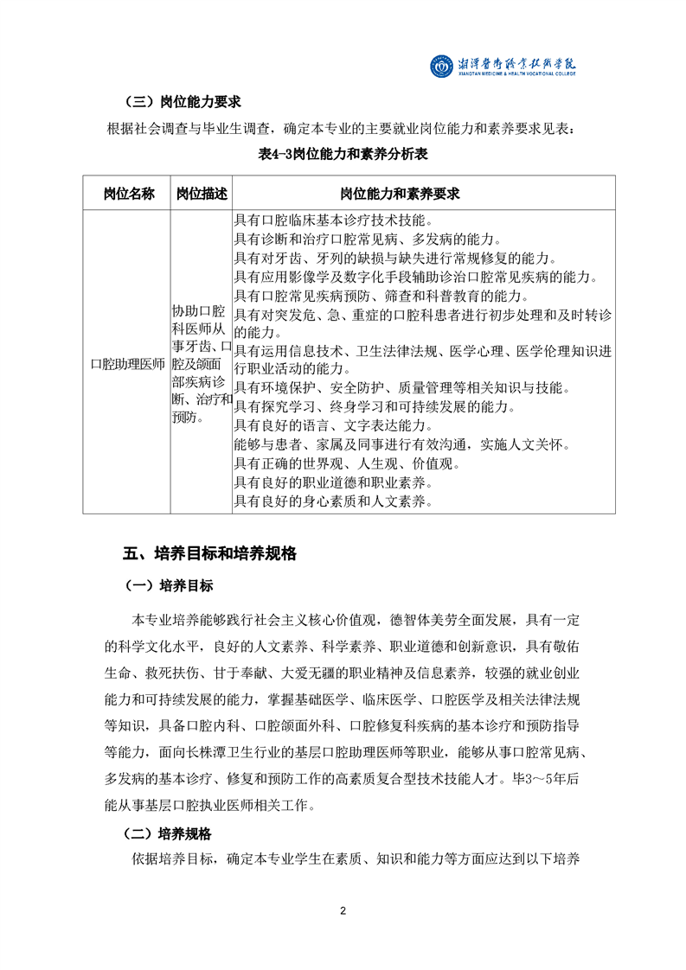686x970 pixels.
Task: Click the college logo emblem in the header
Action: (441, 66)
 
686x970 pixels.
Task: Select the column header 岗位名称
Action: (127, 193)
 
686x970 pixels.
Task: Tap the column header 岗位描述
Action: (201, 193)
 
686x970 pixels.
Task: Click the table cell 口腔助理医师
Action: (127, 364)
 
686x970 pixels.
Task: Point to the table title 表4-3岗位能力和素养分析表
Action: (343, 155)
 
